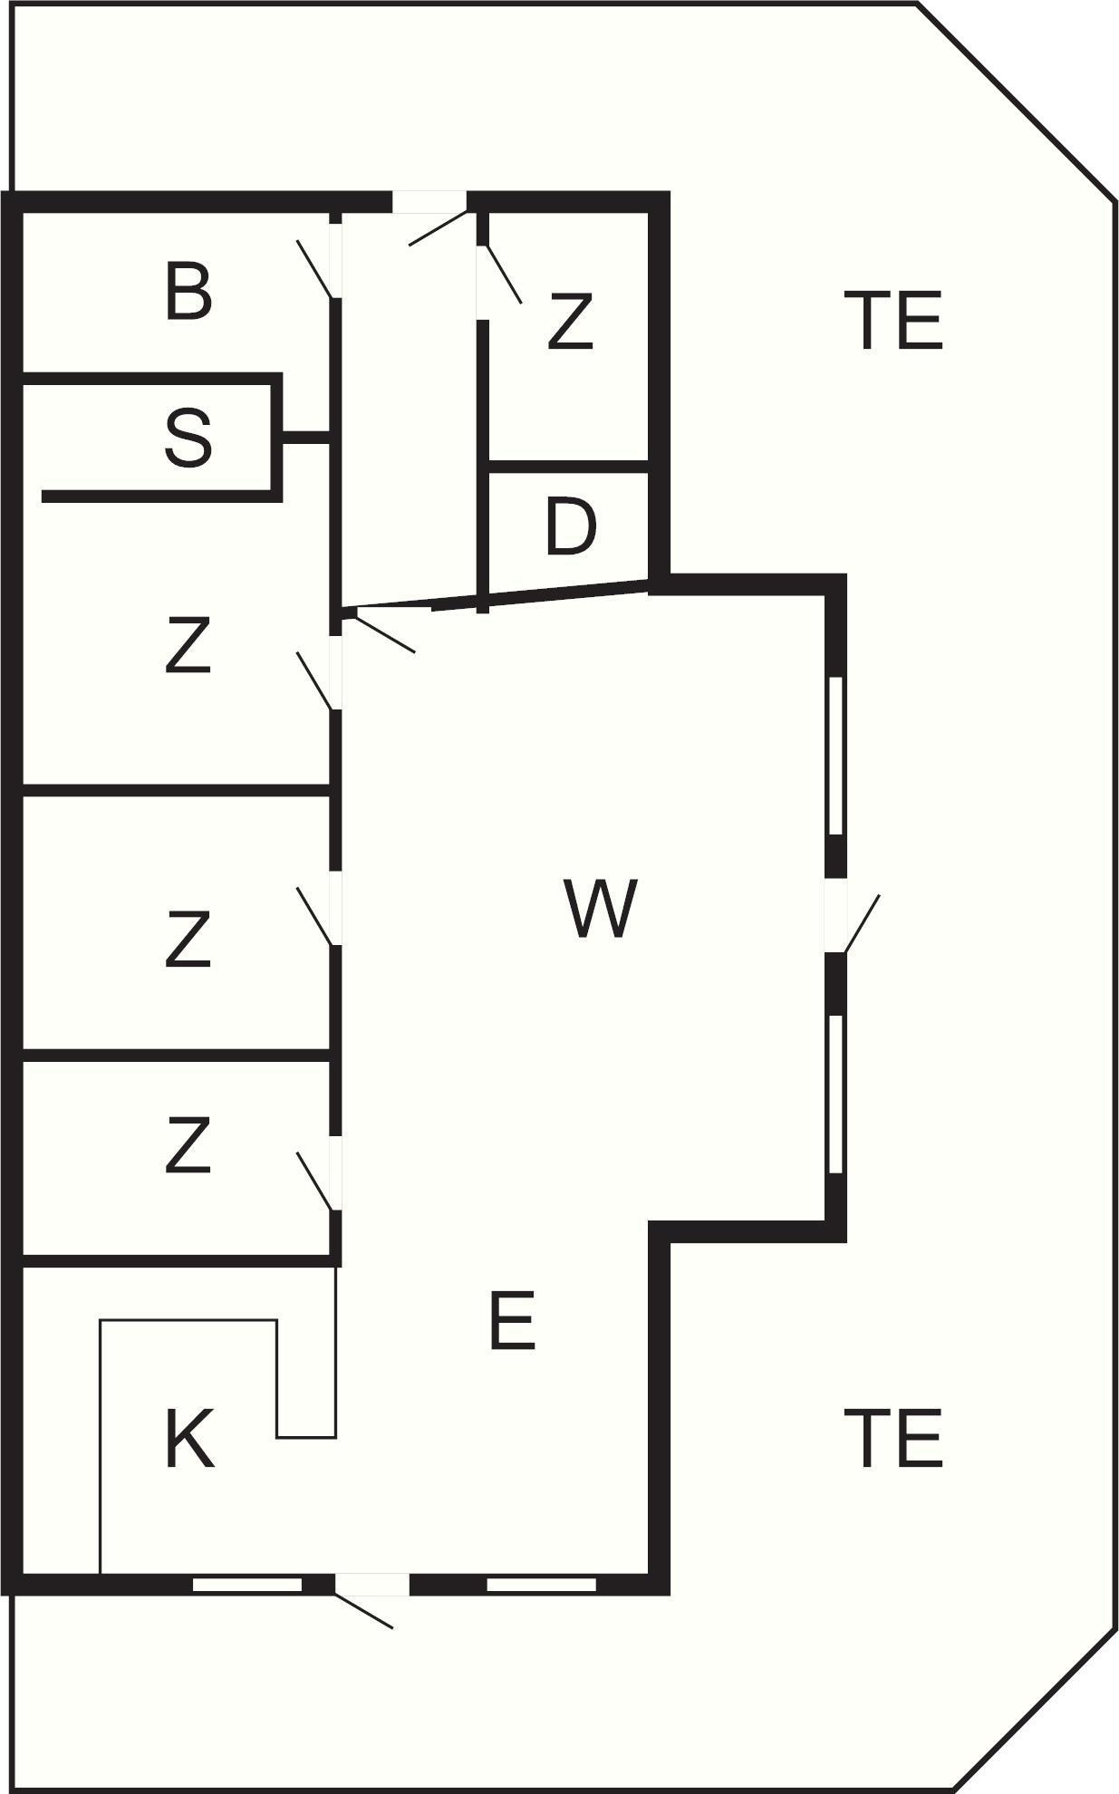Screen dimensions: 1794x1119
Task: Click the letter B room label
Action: pos(188,291)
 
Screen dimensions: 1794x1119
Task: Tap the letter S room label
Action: pos(188,438)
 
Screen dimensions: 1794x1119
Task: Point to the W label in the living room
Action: pos(600,908)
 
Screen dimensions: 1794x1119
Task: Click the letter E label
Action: pos(512,1321)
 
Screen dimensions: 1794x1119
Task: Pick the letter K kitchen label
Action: pos(188,1439)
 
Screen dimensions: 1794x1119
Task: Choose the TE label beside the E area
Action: pos(893,1438)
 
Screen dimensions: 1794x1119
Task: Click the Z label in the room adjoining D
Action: pos(571,321)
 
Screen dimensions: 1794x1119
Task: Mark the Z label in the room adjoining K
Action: pos(188,1145)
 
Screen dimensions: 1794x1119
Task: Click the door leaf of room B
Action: pos(314,269)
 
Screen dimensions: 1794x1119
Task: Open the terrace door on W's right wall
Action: pos(861,923)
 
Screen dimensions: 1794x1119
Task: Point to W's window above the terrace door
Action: pos(836,755)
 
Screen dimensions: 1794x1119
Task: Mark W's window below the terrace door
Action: pos(836,1094)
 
